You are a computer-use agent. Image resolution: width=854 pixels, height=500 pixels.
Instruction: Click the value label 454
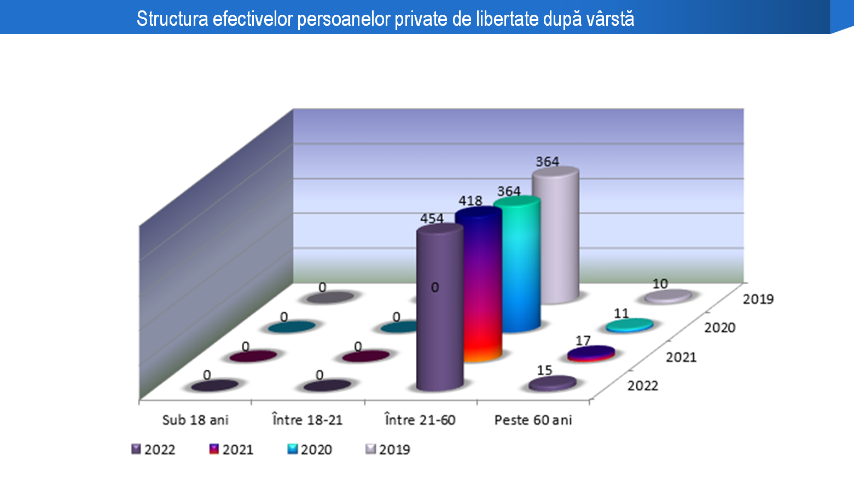pos(432,219)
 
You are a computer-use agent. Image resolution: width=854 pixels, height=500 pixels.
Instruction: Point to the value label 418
pos(470,201)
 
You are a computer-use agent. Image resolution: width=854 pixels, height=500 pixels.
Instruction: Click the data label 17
pos(583,341)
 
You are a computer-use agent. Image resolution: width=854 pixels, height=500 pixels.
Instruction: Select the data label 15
pos(544,370)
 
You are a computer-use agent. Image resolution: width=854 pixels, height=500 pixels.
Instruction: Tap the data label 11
pos(621,313)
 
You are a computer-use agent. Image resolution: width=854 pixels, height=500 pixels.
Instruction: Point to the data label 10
pos(660,284)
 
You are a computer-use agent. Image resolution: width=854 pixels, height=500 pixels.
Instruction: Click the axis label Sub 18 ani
pos(195,420)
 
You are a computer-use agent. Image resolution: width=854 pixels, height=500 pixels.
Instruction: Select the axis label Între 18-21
pos(307,420)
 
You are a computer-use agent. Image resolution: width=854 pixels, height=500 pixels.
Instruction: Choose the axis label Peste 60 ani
pos(533,420)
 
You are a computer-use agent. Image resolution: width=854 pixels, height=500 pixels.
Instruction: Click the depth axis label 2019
pos(758,299)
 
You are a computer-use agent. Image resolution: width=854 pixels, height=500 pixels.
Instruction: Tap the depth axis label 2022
pos(643,386)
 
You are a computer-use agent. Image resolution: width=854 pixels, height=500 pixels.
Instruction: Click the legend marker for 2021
pos(214,449)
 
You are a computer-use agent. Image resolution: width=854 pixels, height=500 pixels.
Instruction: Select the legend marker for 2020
pos(292,449)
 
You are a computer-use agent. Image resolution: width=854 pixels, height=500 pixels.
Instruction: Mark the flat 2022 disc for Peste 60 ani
pos(553,383)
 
